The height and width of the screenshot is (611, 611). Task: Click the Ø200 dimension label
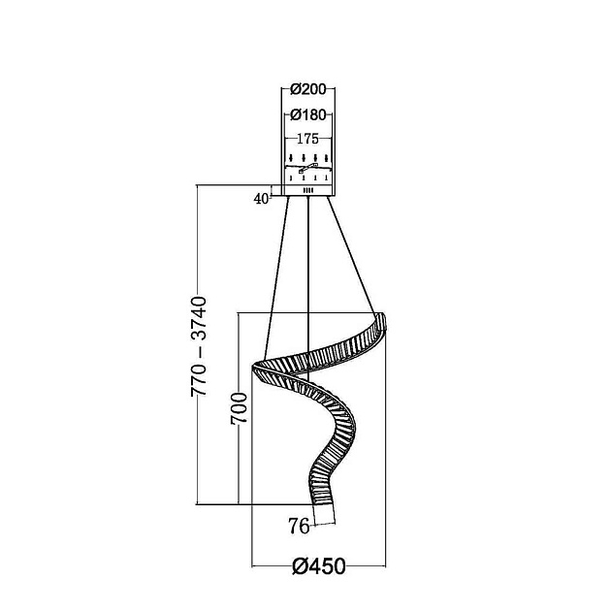pos(307,89)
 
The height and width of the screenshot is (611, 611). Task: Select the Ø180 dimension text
pos(307,115)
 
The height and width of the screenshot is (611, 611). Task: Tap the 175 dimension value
pos(307,139)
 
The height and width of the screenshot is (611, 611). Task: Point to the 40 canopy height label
pos(261,199)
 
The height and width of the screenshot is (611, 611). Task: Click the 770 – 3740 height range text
pos(199,347)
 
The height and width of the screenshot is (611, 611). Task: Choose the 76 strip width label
pos(299,526)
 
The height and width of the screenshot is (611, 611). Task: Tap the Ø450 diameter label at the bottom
pos(319,566)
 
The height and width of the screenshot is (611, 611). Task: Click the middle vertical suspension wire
pos(308,289)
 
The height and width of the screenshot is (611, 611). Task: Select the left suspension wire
pos(276,278)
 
